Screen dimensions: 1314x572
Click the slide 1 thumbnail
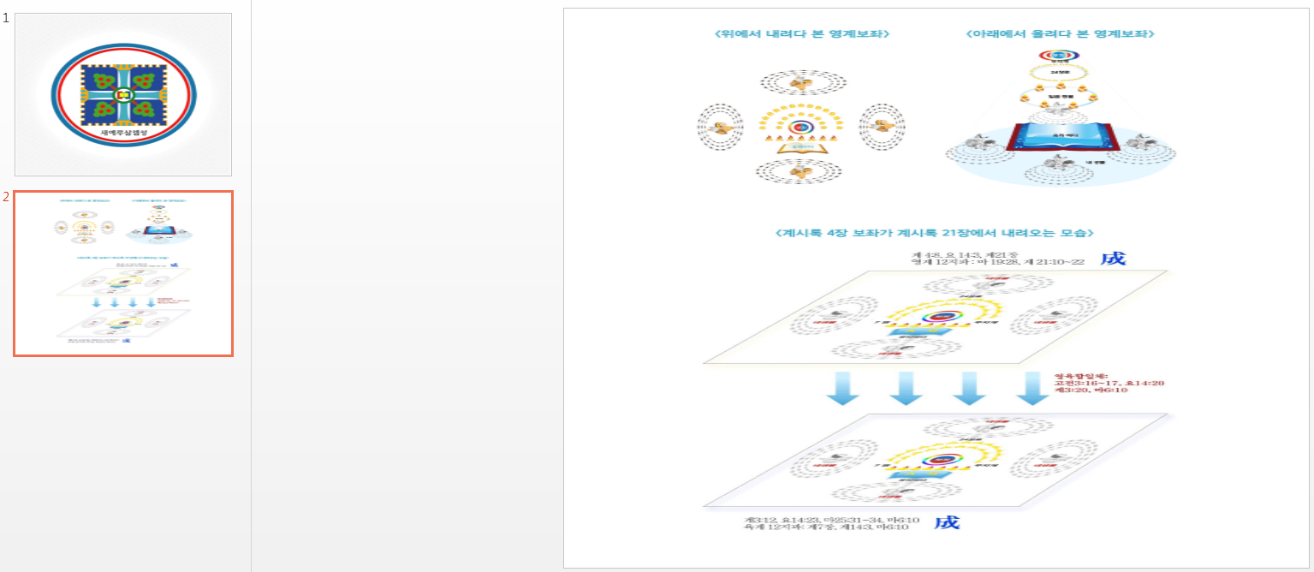123,94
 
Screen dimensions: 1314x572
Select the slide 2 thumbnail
123,273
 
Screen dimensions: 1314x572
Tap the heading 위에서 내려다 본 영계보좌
802,34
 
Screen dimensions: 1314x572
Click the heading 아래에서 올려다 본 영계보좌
1060,34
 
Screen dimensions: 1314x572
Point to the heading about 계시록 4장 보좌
933,233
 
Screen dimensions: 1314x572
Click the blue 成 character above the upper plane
1113,259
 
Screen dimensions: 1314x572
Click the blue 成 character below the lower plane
946,521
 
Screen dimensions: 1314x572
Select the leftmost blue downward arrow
841,388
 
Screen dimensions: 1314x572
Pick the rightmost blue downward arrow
1032,388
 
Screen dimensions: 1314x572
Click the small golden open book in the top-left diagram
802,146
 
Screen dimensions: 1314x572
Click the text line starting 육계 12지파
826,527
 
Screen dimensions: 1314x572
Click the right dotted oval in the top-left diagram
881,128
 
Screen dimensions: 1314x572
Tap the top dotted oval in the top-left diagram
802,82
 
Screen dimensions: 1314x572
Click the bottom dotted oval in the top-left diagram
802,172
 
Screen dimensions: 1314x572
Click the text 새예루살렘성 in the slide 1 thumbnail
123,134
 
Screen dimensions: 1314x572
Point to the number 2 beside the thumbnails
6,197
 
